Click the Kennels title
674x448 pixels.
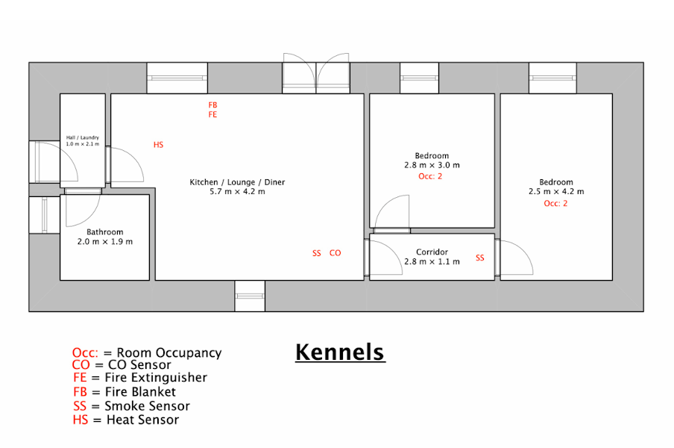[340, 352]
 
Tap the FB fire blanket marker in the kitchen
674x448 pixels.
[212, 105]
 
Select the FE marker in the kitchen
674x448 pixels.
[212, 114]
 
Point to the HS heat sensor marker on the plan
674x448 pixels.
[159, 145]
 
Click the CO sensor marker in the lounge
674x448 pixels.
[336, 253]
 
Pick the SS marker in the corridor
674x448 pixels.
[480, 258]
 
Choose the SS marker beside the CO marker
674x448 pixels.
[317, 253]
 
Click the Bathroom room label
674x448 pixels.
[105, 232]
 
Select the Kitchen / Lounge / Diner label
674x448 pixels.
[237, 182]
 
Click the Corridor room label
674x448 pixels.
[432, 252]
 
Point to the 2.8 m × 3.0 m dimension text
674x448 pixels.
[432, 165]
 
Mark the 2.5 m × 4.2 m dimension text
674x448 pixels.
[556, 191]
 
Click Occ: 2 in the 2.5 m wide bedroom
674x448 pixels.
[555, 204]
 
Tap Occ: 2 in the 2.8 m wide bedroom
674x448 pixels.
[430, 176]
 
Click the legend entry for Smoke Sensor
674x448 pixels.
[131, 406]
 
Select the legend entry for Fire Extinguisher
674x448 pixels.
[140, 377]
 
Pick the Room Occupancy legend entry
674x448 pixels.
[147, 353]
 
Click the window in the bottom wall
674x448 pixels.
[250, 296]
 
